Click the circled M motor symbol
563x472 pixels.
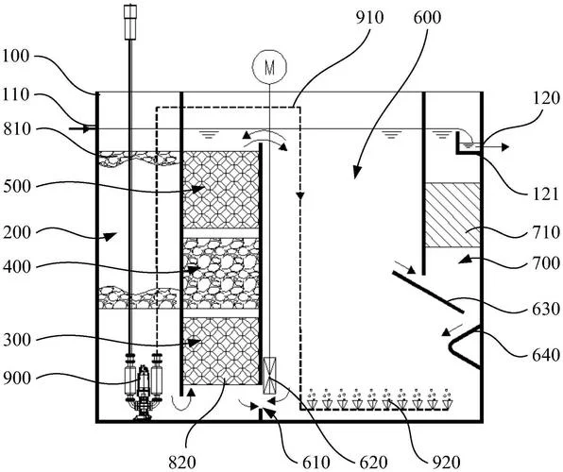269,67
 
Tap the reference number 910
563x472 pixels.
369,18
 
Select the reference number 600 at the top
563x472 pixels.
427,18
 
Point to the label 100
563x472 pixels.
16,57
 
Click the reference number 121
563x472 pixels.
545,194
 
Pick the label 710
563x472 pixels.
545,232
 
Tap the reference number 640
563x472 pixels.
545,355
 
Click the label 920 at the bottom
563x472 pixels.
447,463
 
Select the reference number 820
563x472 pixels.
182,463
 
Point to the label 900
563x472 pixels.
17,379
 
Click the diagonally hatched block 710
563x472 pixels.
452,215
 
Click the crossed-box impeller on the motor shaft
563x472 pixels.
269,376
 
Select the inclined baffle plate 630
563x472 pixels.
428,293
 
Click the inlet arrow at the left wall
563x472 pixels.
79,128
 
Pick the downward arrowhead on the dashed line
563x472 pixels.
300,196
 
